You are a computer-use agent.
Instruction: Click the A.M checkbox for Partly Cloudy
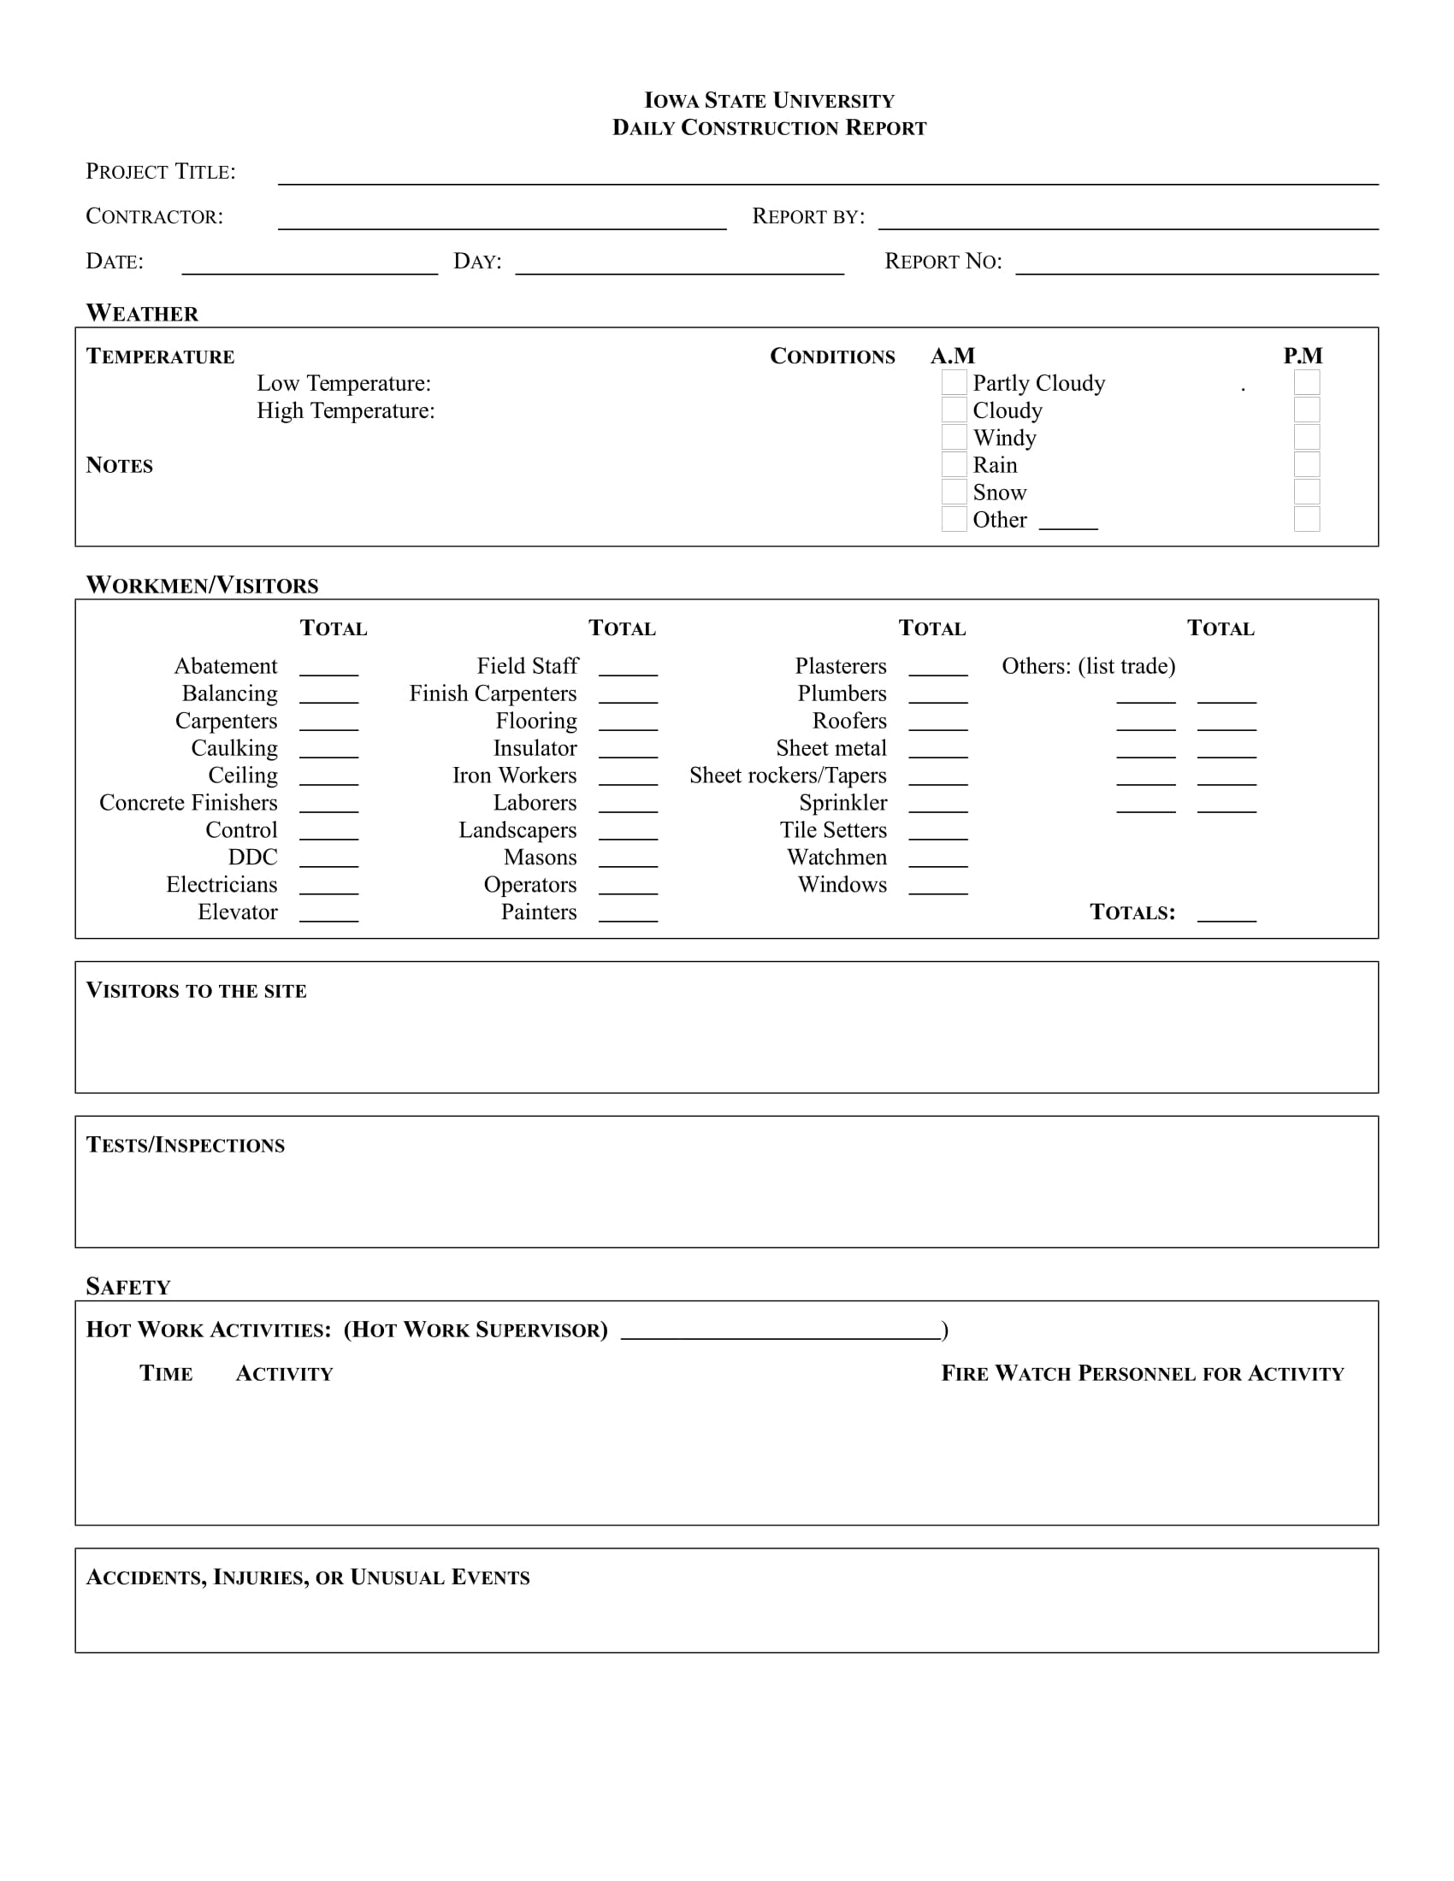954,382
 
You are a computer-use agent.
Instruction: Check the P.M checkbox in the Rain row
1307,465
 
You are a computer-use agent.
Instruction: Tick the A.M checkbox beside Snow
954,492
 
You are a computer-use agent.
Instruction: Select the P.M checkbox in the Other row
1307,519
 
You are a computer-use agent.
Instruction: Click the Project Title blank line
827,178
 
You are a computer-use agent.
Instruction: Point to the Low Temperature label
344,383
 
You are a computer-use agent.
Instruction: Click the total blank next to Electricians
329,889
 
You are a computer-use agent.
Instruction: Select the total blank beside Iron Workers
628,780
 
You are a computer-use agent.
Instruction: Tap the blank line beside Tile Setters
938,834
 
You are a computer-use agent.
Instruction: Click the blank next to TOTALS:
1226,916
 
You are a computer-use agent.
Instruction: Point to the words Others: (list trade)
1088,667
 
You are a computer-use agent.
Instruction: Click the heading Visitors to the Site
197,990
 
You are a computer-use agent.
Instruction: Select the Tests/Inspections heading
186,1145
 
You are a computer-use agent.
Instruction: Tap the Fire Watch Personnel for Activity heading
1142,1374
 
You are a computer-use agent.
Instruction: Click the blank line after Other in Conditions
1068,523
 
